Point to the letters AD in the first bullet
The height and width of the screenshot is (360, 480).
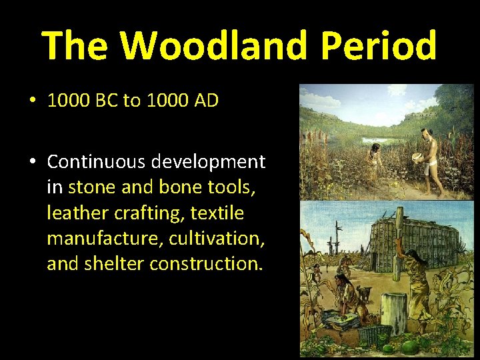tap(204, 101)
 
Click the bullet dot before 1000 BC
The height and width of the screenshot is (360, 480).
tap(33, 102)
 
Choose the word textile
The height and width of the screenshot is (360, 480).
tap(217, 213)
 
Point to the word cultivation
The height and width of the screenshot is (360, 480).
tap(217, 239)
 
